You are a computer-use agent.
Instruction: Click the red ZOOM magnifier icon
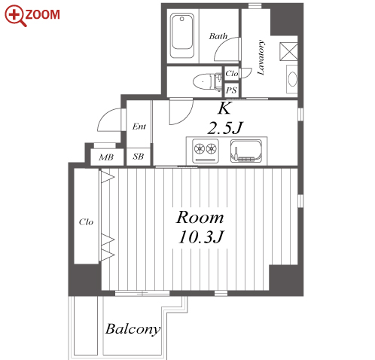coord(16,16)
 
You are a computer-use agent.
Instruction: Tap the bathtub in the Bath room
coord(182,36)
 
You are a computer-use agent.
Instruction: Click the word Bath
coord(218,36)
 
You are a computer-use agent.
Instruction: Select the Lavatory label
coord(261,57)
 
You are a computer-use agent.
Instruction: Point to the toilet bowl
coord(203,81)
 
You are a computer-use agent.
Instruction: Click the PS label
coord(231,90)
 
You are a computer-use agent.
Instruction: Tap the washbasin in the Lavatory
coord(292,79)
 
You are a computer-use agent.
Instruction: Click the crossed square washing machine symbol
coord(288,51)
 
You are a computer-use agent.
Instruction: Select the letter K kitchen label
coord(224,108)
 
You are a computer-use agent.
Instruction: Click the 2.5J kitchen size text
coord(225,128)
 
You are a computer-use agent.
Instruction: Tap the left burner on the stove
coord(200,148)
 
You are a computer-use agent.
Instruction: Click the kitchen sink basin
coord(246,150)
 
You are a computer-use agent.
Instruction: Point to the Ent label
coord(139,127)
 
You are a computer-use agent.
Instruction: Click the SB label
coord(139,157)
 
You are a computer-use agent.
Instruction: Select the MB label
coord(106,157)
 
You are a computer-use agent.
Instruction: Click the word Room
coord(200,218)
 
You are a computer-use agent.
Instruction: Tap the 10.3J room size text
coord(200,237)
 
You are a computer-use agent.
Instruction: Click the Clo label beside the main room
coord(86,222)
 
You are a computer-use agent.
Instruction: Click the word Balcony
coord(133,329)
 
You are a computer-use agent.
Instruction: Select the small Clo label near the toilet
coord(232,74)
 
